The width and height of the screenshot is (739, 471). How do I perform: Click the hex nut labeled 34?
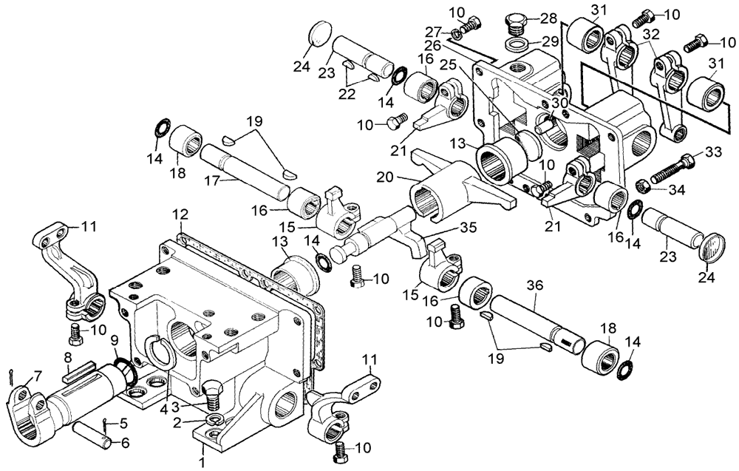coord(643,184)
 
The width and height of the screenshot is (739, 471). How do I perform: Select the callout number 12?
coord(180,214)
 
